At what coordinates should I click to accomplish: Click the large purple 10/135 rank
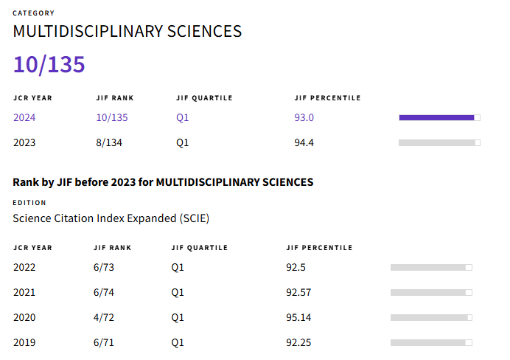49,64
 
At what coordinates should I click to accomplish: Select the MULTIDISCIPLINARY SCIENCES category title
128,32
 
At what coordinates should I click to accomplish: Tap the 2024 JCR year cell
24,117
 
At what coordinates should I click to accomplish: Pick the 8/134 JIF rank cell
109,142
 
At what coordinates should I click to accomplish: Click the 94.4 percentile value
304,142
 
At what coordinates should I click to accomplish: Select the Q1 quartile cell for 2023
183,142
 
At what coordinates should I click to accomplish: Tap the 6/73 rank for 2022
104,267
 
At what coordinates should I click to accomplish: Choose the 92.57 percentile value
298,292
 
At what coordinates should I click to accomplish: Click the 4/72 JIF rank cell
104,317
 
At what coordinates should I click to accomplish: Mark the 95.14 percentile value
298,317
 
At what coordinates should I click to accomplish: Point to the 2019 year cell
24,342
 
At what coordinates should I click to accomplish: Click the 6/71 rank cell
104,342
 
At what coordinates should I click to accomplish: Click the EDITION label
29,203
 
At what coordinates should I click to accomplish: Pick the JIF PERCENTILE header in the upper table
327,98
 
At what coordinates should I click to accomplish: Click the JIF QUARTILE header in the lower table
199,248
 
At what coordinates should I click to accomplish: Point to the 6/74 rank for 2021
104,292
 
